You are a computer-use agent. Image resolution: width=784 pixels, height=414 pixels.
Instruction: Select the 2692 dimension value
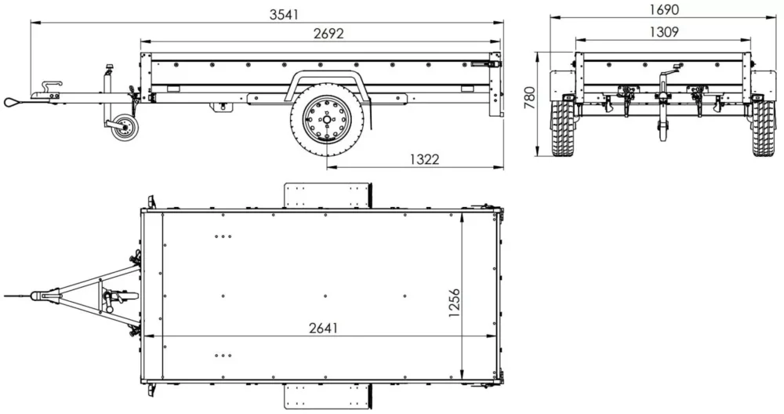328,34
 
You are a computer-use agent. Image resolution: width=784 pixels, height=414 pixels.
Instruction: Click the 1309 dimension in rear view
663,32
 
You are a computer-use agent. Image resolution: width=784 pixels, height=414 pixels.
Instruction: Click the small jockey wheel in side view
123,129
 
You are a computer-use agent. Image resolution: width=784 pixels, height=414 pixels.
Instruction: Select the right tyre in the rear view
763,128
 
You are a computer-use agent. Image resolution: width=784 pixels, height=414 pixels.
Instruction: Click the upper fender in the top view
327,195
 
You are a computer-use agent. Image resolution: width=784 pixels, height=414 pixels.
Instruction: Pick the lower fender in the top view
327,396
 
